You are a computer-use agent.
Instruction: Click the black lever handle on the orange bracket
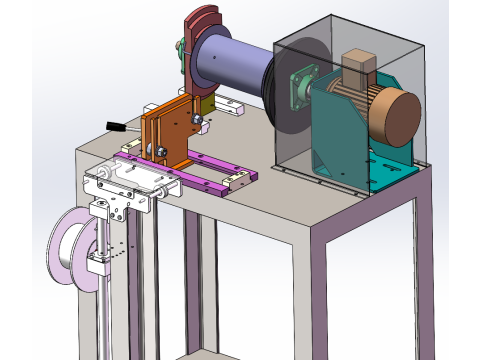pyautogui.click(x=116, y=126)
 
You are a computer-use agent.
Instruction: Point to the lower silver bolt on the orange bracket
pyautogui.click(x=158, y=151)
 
